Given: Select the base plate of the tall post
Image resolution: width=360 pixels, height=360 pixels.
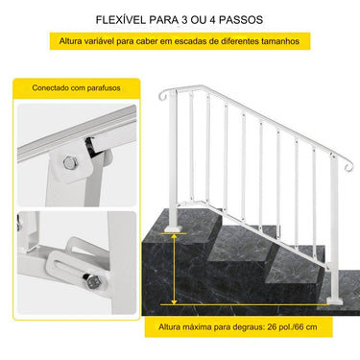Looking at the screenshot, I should pos(173,226).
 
